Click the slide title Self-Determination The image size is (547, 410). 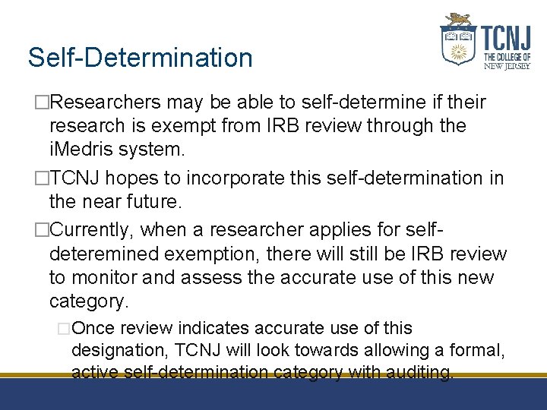tap(140, 58)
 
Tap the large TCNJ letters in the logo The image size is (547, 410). tap(506, 38)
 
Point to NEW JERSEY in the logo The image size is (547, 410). tap(507, 66)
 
